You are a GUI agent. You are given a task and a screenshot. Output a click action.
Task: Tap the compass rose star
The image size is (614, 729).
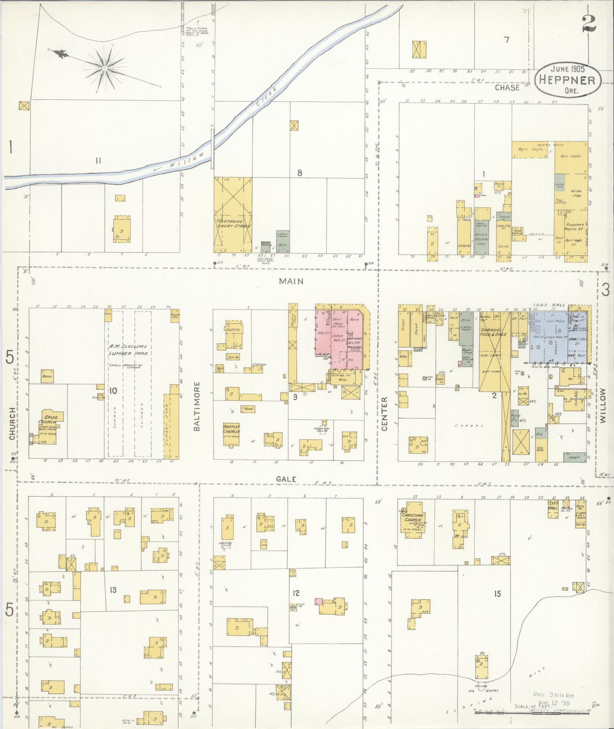pyautogui.click(x=104, y=69)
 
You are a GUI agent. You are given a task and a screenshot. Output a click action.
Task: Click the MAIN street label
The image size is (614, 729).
pyautogui.click(x=291, y=281)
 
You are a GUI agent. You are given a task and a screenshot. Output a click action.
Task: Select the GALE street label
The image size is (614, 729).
pyautogui.click(x=286, y=479)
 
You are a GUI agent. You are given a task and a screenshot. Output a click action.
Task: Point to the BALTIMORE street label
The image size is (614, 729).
pyautogui.click(x=197, y=406)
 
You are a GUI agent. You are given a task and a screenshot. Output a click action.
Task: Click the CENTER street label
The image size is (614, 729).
pyautogui.click(x=384, y=414)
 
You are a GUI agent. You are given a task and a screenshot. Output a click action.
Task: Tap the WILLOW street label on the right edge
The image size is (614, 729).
pyautogui.click(x=603, y=405)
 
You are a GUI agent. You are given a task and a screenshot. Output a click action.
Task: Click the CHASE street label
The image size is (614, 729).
pyautogui.click(x=507, y=88)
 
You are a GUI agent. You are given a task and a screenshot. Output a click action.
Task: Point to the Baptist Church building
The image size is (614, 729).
pyautogui.click(x=231, y=431)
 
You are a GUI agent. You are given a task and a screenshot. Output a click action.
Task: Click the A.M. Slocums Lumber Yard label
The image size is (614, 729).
pyautogui.click(x=128, y=350)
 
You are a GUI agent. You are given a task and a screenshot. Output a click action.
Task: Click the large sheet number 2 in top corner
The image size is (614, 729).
pyautogui.click(x=588, y=24)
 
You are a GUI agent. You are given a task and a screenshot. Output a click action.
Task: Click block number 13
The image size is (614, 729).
pyautogui.click(x=113, y=590)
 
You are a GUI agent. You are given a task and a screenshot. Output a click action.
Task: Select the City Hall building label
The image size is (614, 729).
pyautogui.click(x=553, y=506)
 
